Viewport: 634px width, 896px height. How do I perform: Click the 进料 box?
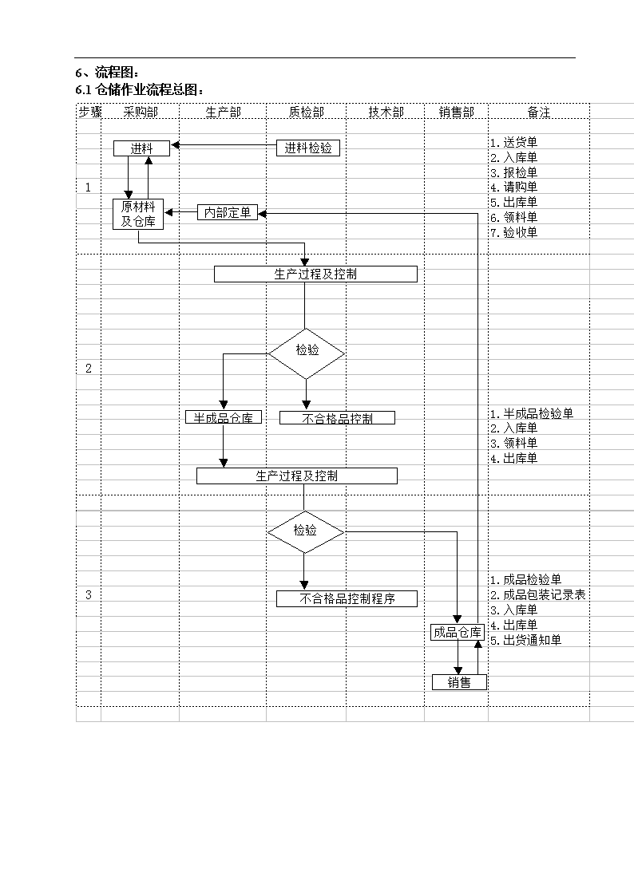142,148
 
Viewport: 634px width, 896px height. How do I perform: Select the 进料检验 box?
308,148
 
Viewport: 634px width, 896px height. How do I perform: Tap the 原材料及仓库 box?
138,215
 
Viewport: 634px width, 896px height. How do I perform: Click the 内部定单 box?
228,212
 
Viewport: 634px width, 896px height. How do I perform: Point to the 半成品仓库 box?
224,418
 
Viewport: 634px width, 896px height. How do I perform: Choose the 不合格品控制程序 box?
347,599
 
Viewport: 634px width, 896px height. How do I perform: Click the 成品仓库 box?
458,632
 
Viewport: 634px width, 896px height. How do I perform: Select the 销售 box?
459,682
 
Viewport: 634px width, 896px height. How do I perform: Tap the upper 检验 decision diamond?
307,353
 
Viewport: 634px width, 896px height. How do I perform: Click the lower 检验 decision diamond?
306,532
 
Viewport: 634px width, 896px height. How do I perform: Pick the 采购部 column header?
141,112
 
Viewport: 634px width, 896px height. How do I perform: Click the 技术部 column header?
386,112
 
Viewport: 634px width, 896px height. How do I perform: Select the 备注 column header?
538,112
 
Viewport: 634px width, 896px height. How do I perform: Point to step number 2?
89,369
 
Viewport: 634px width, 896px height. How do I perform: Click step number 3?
89,595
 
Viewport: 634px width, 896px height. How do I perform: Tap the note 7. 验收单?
513,232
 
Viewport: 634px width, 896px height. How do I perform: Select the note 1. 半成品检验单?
532,413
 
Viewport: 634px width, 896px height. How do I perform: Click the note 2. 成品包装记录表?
537,595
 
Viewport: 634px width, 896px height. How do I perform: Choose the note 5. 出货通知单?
525,640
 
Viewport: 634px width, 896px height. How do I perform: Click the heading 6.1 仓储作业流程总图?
140,89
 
